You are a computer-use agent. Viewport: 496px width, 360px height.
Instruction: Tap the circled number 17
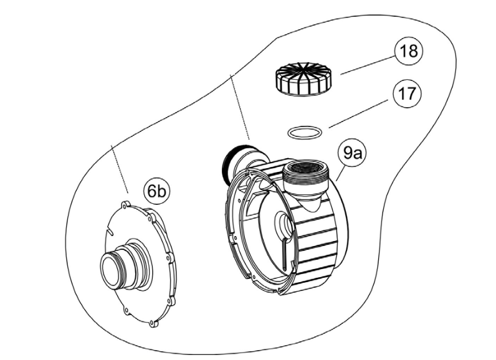point(406,97)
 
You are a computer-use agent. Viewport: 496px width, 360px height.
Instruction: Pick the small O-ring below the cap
point(305,132)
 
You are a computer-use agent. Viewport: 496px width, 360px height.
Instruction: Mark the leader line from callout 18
point(361,67)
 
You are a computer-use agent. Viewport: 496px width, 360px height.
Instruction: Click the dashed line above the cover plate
point(119,169)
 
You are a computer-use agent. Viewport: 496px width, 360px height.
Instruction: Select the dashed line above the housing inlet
point(241,107)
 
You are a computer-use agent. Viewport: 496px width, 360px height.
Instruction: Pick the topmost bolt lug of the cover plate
point(124,204)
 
